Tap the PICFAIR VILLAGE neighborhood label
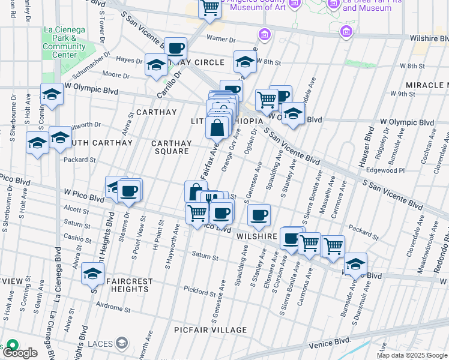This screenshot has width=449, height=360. click(x=210, y=330)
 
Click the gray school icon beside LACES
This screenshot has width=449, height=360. click(x=122, y=343)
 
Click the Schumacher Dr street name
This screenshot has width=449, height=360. click(x=91, y=66)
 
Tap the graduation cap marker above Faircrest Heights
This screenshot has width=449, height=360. click(x=93, y=274)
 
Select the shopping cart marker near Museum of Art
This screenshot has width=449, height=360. click(x=210, y=8)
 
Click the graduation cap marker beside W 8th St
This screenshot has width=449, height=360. click(x=245, y=62)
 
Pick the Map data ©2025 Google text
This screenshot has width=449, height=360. click(x=412, y=355)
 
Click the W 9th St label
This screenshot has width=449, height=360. click(x=402, y=94)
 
